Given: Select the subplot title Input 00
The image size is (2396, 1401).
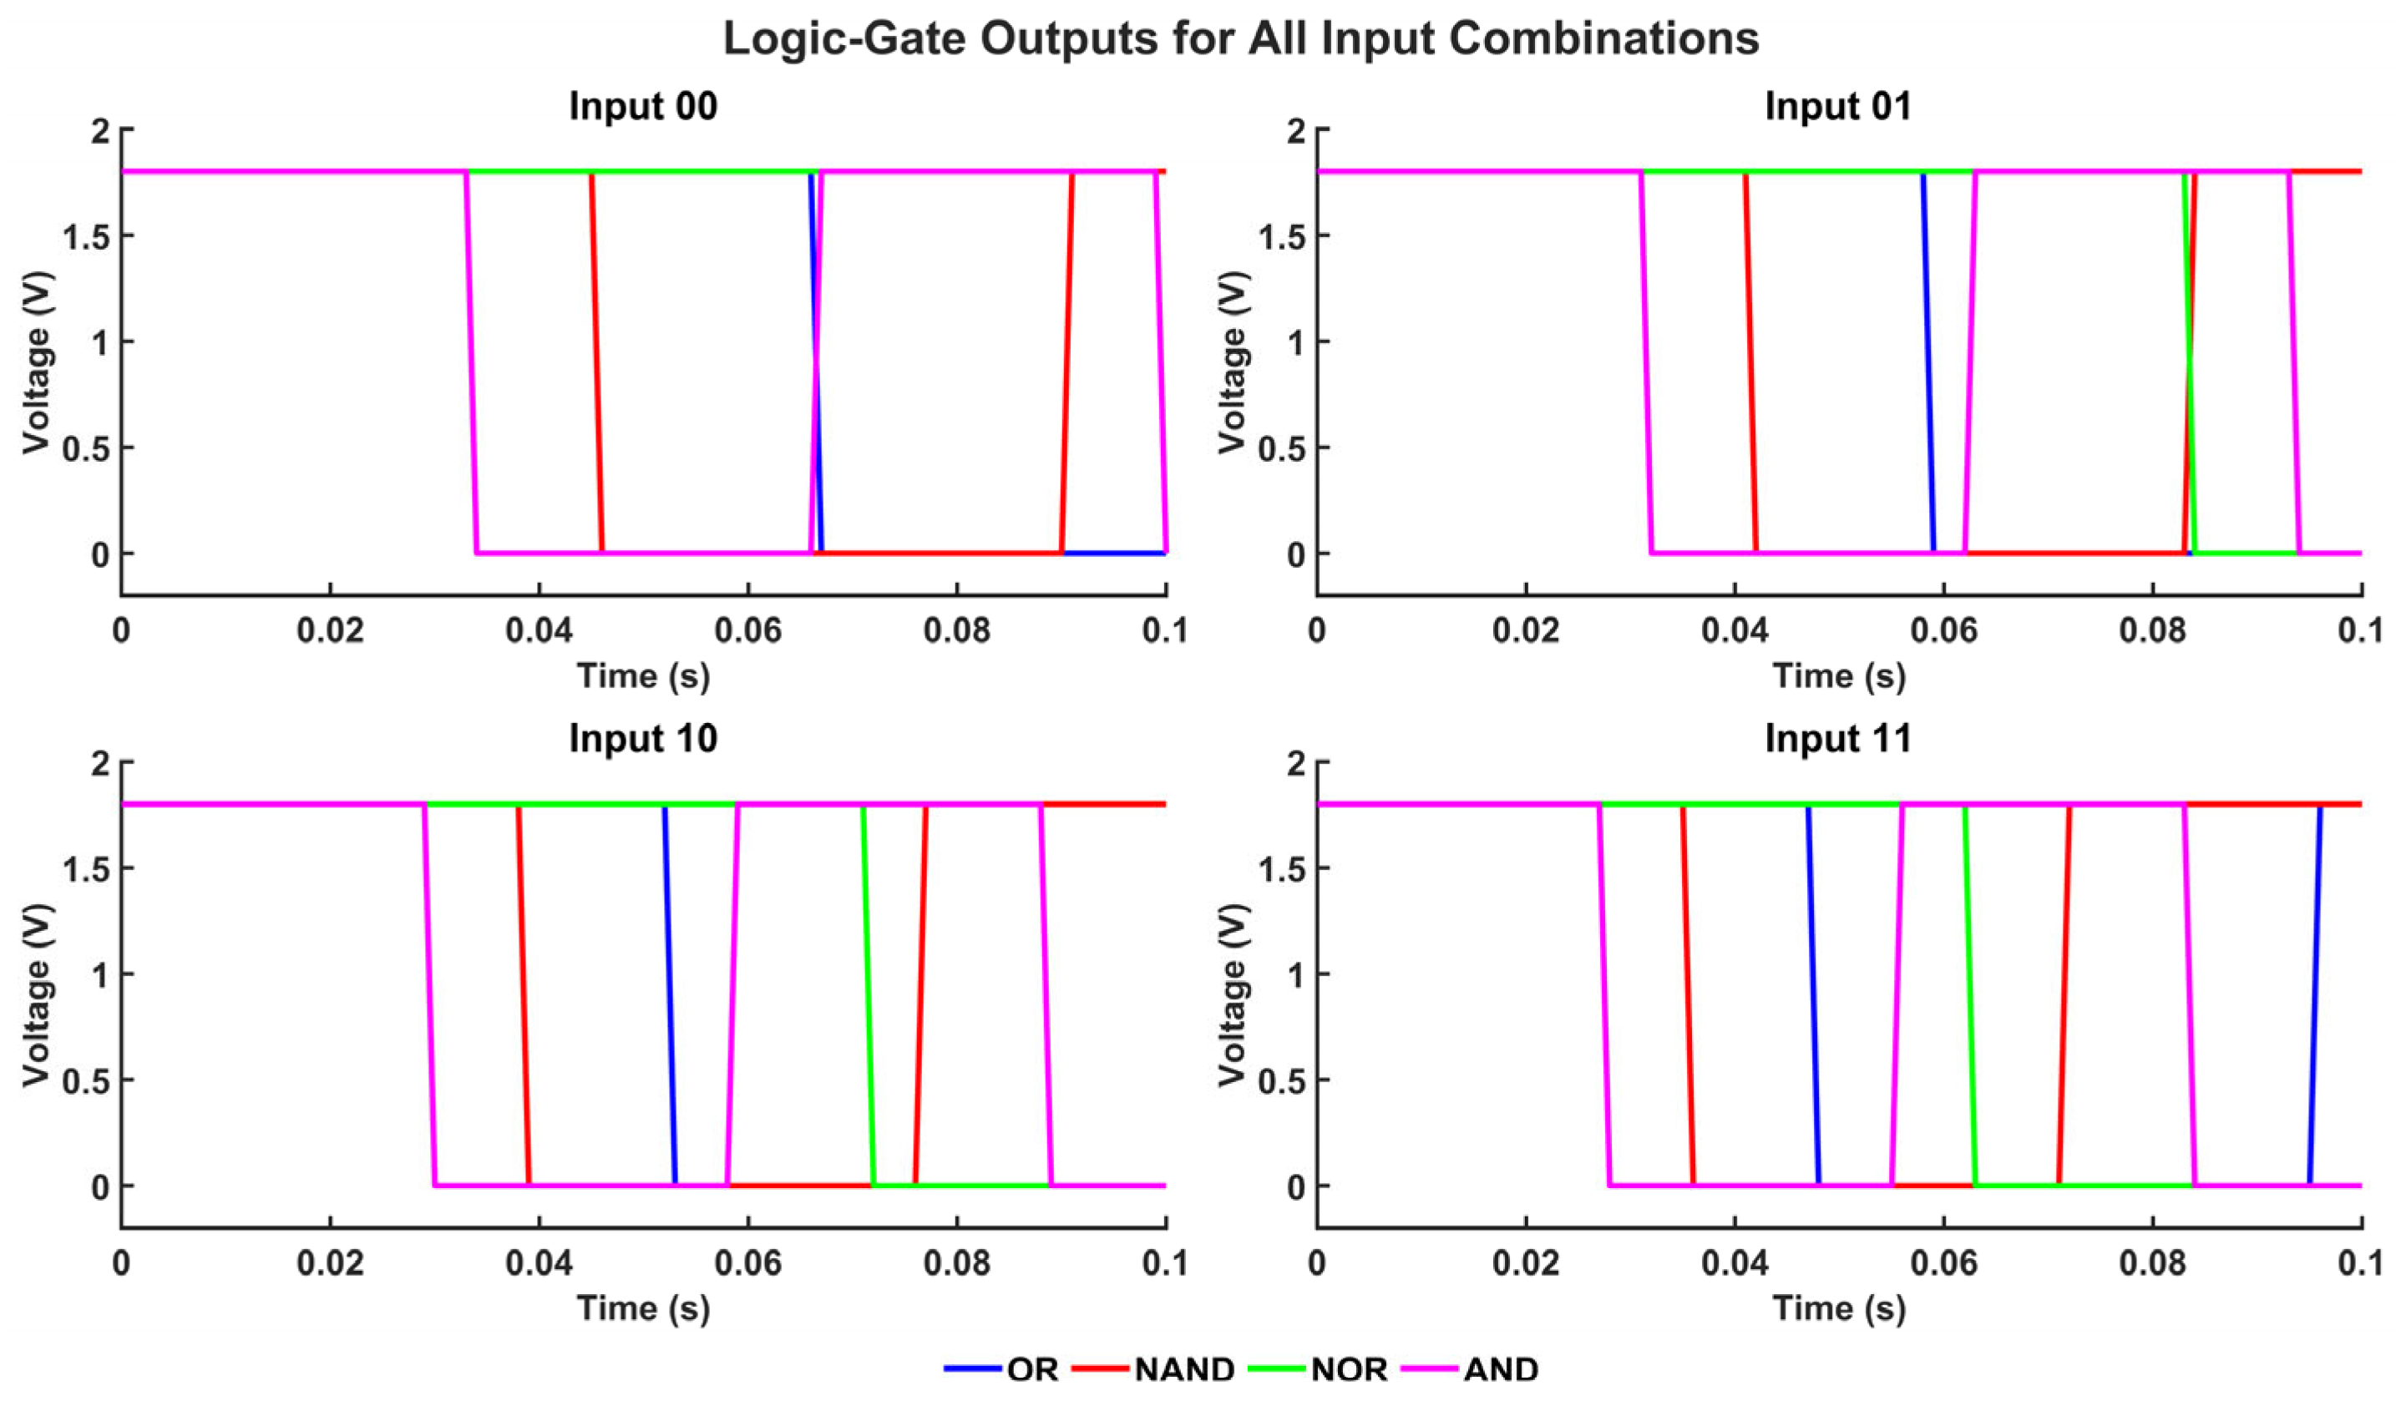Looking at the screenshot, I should [x=643, y=105].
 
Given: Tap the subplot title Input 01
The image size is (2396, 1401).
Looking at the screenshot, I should [x=1838, y=105].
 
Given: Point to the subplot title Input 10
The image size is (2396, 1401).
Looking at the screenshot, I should [x=643, y=739].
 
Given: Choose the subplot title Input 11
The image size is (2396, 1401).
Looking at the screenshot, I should [x=1838, y=739].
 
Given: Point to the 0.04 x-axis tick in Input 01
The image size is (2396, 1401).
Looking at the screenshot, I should [x=1735, y=630].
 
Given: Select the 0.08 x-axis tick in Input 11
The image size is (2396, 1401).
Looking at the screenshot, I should [x=2153, y=1262].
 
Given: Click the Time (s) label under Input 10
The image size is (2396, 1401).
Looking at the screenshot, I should [x=643, y=1309].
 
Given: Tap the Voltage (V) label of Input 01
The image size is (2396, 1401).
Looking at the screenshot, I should [x=1232, y=363].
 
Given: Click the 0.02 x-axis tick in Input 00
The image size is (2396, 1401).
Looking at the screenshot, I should [x=329, y=630].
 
